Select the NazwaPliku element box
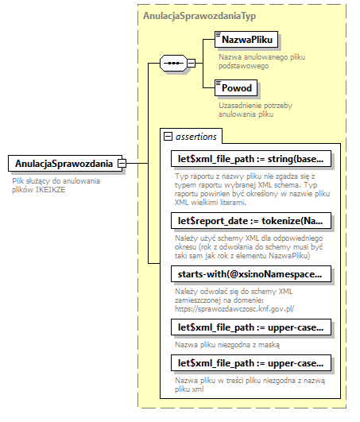244,39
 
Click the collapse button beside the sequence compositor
192,62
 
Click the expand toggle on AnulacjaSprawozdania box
122,164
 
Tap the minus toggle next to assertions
168,137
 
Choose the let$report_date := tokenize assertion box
250,220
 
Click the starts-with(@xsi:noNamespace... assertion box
250,274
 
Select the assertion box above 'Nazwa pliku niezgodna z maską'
250,327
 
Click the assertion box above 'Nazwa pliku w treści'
250,363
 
